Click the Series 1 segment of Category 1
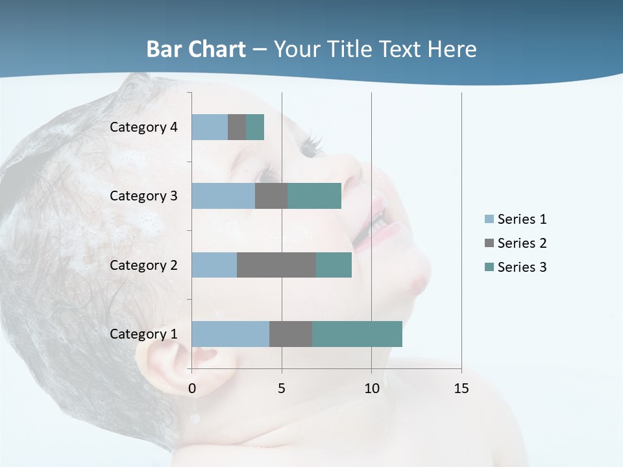click(x=230, y=333)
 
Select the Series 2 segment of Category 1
click(x=291, y=333)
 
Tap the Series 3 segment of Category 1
click(x=357, y=333)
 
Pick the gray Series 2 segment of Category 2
click(x=276, y=265)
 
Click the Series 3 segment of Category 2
click(x=334, y=265)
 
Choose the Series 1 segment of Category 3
click(x=223, y=196)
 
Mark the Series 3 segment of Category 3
click(x=314, y=196)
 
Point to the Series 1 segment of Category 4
click(x=210, y=127)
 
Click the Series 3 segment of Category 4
click(x=255, y=127)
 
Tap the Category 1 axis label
click(x=143, y=334)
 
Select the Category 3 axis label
click(x=143, y=196)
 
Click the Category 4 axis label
click(x=143, y=127)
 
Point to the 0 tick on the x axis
click(x=192, y=389)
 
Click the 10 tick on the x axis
click(x=371, y=389)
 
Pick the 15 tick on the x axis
click(x=461, y=389)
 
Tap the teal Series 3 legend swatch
click(x=489, y=267)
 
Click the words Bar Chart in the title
click(x=196, y=49)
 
